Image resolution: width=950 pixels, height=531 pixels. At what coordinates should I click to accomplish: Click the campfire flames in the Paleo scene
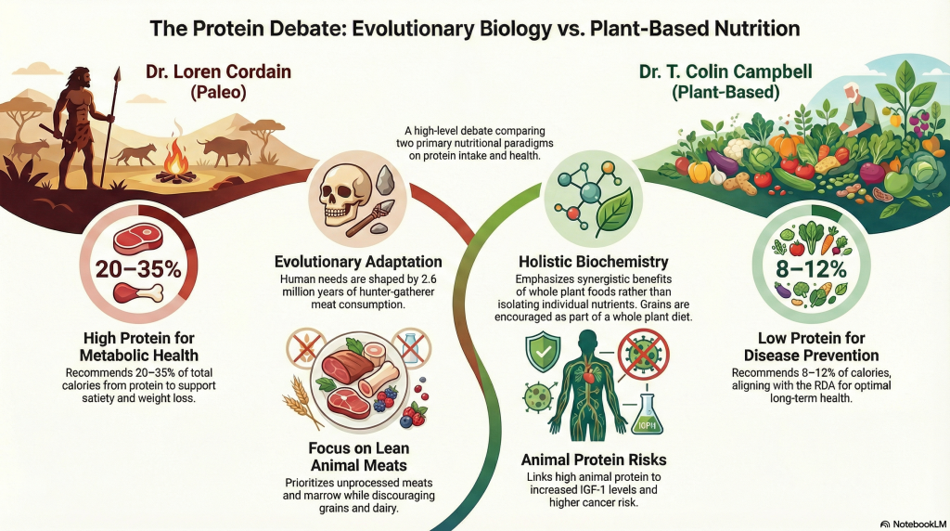click(177, 162)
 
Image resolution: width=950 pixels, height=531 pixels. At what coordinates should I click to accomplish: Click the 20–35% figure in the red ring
click(139, 268)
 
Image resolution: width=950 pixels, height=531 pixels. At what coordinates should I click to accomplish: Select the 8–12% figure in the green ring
click(811, 268)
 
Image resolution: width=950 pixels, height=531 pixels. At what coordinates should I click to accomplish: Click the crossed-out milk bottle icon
click(411, 348)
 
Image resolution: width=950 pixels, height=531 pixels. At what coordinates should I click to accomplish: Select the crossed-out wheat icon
click(306, 349)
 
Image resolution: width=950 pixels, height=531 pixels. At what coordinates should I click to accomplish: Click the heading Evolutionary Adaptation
click(358, 262)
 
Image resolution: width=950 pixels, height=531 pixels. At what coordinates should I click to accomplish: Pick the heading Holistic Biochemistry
click(594, 262)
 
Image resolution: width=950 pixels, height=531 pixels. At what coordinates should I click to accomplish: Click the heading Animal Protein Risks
click(594, 460)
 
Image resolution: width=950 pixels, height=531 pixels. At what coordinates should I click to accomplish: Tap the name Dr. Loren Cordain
click(218, 71)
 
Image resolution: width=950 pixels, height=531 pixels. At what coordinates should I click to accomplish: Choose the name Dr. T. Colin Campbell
click(725, 71)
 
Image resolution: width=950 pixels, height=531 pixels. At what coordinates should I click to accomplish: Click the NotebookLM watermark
click(913, 524)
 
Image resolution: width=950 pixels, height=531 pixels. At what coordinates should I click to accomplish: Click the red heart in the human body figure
click(586, 377)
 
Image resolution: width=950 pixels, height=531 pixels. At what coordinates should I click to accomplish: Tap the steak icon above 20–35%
click(138, 240)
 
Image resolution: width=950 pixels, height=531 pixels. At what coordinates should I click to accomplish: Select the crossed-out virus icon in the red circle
click(644, 354)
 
